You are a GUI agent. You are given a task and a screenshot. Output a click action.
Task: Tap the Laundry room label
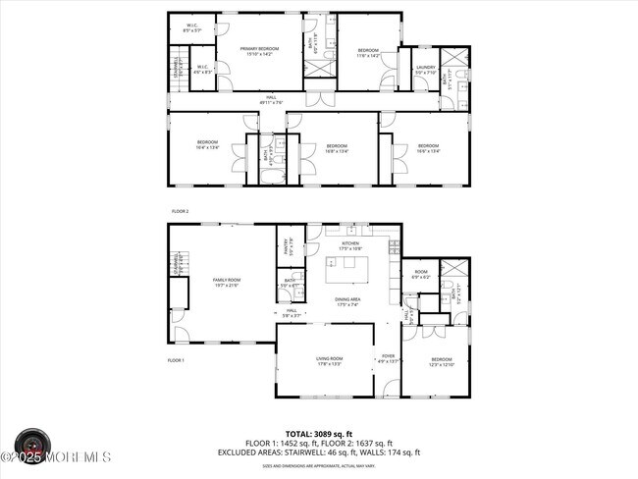tap(425, 68)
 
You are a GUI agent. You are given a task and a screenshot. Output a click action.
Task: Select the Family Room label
tap(227, 281)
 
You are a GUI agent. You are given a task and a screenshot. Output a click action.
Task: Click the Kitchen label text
tap(350, 243)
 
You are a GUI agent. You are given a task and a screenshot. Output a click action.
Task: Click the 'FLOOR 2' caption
tap(180, 211)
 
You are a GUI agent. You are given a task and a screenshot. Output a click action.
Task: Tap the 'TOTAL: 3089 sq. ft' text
tap(319, 433)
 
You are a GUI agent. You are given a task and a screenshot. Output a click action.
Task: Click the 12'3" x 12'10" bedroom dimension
tap(441, 364)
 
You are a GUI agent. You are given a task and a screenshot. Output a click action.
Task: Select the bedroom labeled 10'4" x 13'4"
tap(206, 149)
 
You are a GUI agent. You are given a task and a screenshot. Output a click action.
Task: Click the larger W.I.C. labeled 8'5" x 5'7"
tap(191, 30)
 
